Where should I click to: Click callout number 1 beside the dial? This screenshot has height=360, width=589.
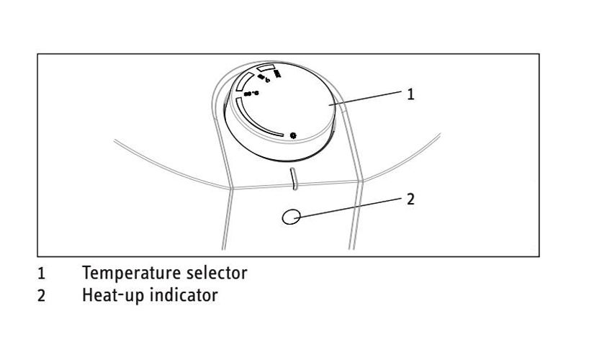click(x=411, y=94)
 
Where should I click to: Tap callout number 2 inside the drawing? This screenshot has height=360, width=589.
click(x=411, y=199)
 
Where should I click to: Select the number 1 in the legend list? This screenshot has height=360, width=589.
click(x=41, y=274)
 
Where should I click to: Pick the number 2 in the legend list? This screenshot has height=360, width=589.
click(x=41, y=295)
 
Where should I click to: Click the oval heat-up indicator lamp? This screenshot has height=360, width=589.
click(x=291, y=216)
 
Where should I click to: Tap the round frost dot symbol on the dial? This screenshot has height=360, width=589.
click(x=292, y=135)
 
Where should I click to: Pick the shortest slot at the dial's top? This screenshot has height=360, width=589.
click(x=266, y=68)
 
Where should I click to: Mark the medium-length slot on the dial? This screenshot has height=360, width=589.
click(x=243, y=80)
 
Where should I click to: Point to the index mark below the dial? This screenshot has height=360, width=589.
click(x=292, y=177)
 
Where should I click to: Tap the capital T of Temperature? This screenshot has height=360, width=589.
click(x=87, y=274)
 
